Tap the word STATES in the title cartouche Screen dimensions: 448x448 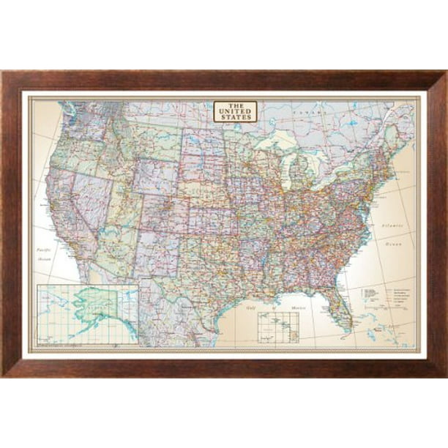[235, 117]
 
